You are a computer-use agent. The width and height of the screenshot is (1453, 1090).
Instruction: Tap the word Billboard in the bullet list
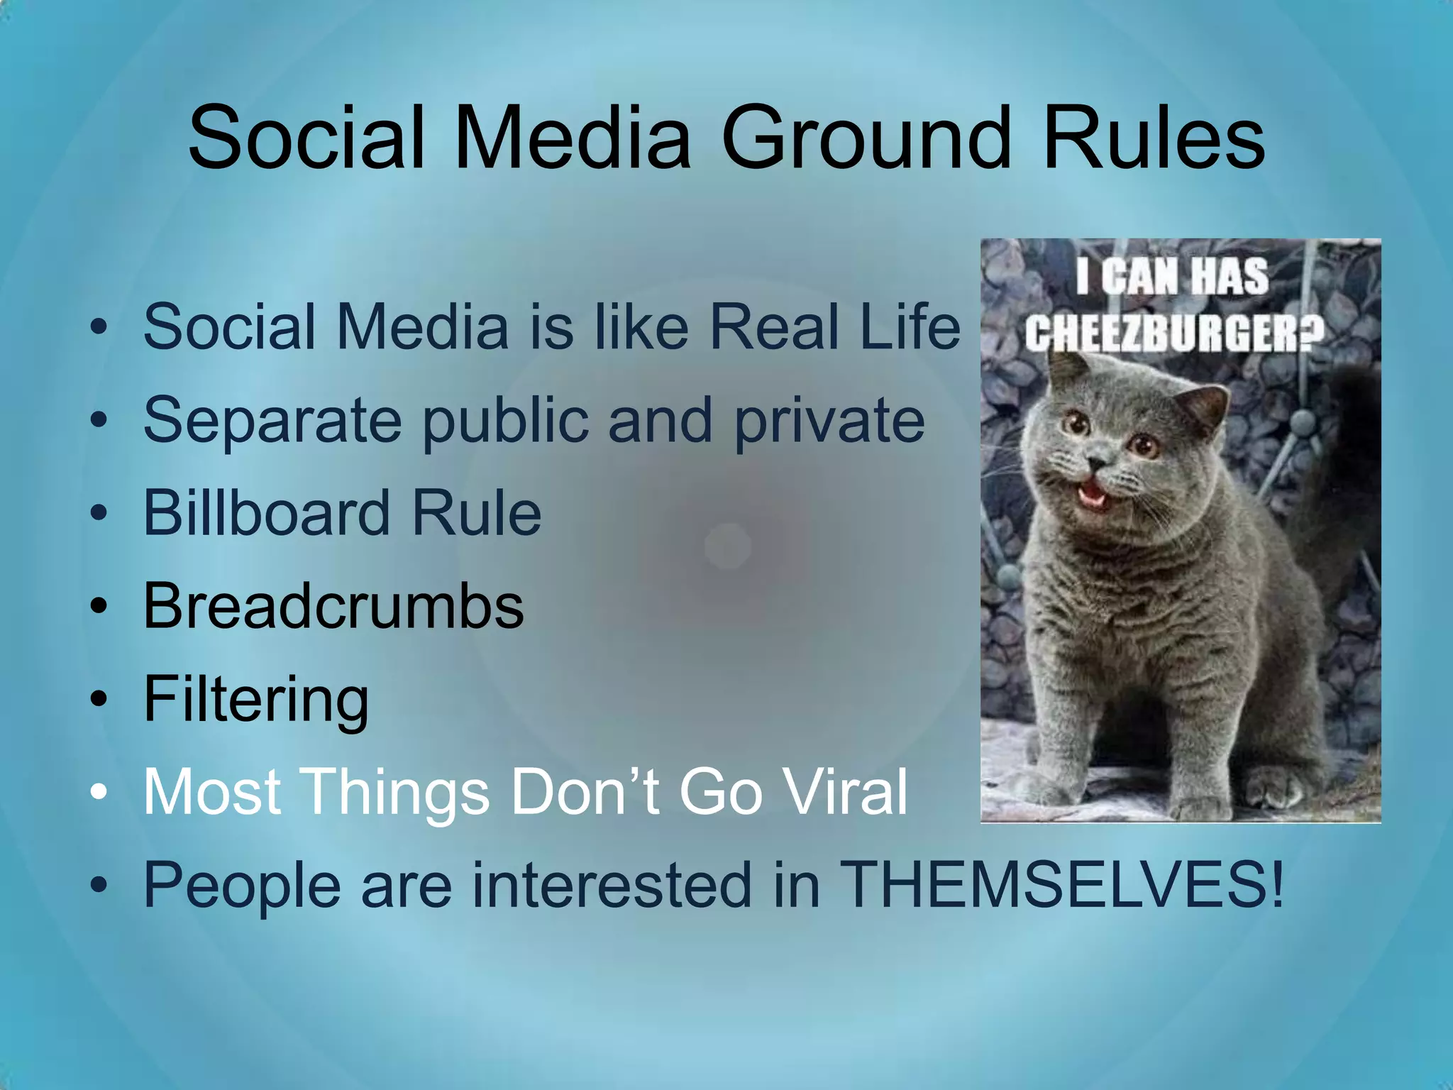pos(267,512)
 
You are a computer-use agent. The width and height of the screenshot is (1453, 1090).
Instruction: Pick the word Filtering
pos(256,700)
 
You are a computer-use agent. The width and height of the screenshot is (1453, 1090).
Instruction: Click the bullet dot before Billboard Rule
pos(99,512)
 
